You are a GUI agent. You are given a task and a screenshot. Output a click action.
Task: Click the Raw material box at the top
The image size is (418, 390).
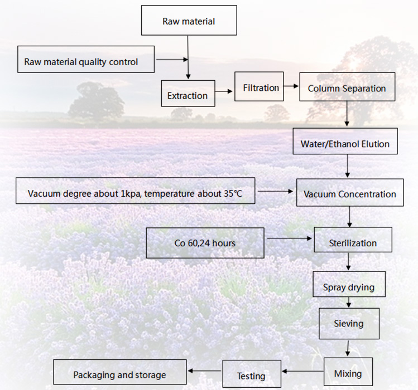tap(189, 20)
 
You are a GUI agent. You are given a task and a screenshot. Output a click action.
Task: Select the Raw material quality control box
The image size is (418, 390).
tap(86, 59)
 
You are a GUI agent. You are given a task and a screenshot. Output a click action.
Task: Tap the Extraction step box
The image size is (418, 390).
tap(188, 94)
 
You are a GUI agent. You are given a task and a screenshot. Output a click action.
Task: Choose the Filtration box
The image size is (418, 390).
tap(259, 86)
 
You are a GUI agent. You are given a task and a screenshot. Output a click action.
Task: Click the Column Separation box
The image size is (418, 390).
tap(347, 87)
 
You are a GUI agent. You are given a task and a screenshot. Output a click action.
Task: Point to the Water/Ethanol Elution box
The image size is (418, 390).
tap(345, 141)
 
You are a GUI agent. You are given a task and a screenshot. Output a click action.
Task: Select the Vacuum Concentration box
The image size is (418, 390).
tap(350, 192)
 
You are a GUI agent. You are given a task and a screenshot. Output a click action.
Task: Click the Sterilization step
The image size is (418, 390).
tap(353, 240)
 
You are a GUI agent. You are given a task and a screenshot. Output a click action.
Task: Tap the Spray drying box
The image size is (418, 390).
tap(349, 284)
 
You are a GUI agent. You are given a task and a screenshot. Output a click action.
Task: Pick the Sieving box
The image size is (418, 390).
tap(349, 324)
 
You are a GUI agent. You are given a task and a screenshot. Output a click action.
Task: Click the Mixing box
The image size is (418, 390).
tap(348, 372)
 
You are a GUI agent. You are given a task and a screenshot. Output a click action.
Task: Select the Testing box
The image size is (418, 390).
tap(252, 374)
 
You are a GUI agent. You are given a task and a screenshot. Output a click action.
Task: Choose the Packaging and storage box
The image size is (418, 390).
tap(119, 372)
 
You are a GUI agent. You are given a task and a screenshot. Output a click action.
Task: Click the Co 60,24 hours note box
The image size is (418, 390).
tap(205, 243)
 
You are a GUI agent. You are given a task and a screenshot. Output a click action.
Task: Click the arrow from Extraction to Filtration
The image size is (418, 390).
tap(224, 91)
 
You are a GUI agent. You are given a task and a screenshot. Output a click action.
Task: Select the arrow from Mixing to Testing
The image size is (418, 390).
tap(302, 371)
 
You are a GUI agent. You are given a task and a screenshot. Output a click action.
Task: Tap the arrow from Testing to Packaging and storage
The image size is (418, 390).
tap(204, 370)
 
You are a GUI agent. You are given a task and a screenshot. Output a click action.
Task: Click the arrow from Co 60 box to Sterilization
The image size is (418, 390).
tap(290, 238)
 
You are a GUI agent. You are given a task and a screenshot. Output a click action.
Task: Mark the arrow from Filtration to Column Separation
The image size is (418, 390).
tap(291, 86)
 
